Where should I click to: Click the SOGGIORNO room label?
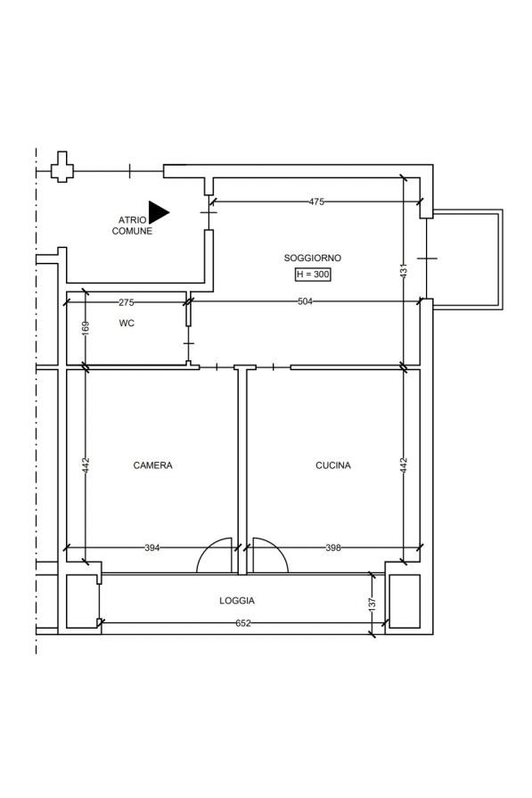pyautogui.click(x=312, y=258)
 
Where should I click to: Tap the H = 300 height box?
pyautogui.click(x=314, y=275)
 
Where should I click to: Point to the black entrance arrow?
pyautogui.click(x=159, y=212)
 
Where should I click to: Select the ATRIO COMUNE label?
pyautogui.click(x=132, y=226)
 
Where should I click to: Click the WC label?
pyautogui.click(x=127, y=323)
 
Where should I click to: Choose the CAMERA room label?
pyautogui.click(x=152, y=465)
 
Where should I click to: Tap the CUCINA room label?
pyautogui.click(x=333, y=465)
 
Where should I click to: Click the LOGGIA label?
pyautogui.click(x=237, y=601)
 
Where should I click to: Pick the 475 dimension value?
pyautogui.click(x=316, y=202)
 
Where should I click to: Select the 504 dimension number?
pyautogui.click(x=305, y=301)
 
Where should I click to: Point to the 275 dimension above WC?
pyautogui.click(x=127, y=302)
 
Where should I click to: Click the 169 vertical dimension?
pyautogui.click(x=86, y=326)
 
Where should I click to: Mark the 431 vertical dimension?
pyautogui.click(x=404, y=270)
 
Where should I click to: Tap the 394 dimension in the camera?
pyautogui.click(x=152, y=547)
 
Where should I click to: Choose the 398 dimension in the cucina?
pyautogui.click(x=333, y=547)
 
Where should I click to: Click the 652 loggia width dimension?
pyautogui.click(x=243, y=623)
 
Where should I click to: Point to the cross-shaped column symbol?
pyautogui.click(x=62, y=167)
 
